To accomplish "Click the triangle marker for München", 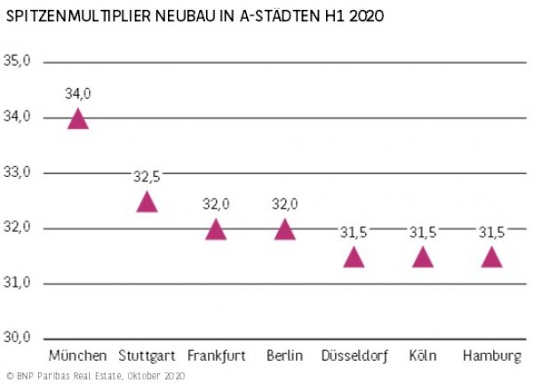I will pos(78,120).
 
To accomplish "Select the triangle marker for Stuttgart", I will pos(147,203).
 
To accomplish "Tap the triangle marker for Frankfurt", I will pos(216,231).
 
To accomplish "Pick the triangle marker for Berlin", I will pos(284,231).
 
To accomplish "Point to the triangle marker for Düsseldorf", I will pos(354,259).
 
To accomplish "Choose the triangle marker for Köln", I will pos(423,259).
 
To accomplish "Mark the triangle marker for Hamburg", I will pos(491,259).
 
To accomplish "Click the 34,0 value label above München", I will pos(78,93).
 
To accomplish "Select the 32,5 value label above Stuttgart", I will pos(147,176).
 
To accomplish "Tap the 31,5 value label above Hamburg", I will pos(491,232).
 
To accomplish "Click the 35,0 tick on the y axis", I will pos(18,61).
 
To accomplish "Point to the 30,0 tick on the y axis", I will pos(18,338).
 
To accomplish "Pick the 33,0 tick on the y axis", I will pos(18,172).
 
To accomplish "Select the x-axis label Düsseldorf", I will pos(354,356).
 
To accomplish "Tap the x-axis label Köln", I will pos(423,356).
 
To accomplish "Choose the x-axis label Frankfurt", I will pos(216,356).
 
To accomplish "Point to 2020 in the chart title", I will pos(365,17).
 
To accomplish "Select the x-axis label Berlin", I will pos(284,356).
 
